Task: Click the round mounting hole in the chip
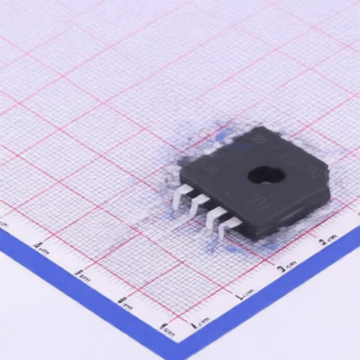click(x=265, y=174)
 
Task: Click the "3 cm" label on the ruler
click(x=285, y=268)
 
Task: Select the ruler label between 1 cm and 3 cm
click(x=243, y=295)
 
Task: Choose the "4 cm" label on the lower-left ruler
click(x=41, y=247)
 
